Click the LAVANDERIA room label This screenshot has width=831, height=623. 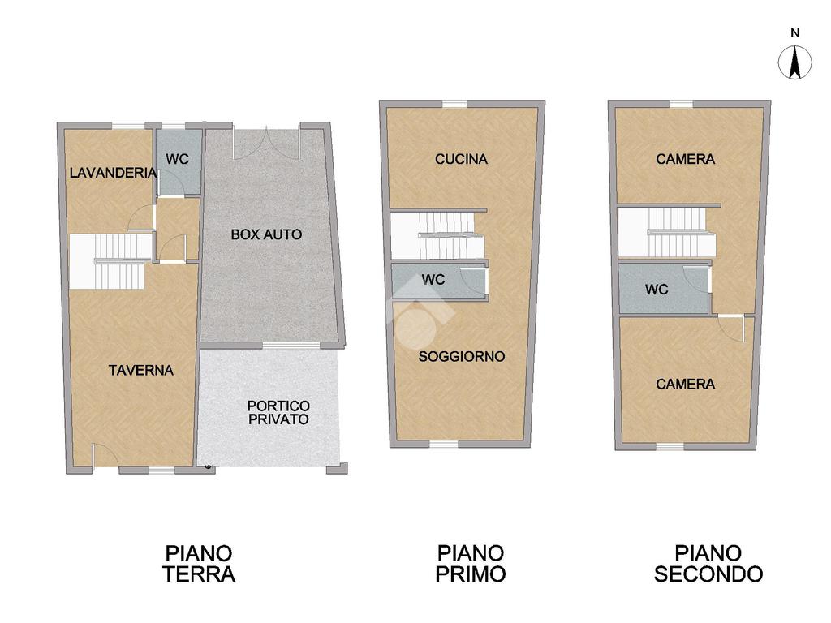click(x=114, y=173)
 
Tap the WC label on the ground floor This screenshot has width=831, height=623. click(x=177, y=159)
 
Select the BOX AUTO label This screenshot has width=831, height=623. click(x=266, y=234)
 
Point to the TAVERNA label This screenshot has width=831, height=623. click(x=141, y=370)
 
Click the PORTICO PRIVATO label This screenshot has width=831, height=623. click(x=279, y=413)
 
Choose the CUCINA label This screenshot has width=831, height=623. click(x=461, y=159)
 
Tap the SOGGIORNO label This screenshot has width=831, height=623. click(x=462, y=357)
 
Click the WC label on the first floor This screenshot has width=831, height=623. click(x=433, y=280)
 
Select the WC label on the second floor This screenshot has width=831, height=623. click(x=657, y=290)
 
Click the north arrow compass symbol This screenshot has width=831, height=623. click(x=794, y=62)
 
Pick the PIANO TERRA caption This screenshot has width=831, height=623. click(x=199, y=564)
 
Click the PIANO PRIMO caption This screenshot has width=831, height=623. click(x=470, y=564)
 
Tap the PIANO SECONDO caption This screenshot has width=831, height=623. click(x=708, y=564)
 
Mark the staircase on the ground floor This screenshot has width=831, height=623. click(x=110, y=262)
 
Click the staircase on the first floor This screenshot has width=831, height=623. click(x=437, y=236)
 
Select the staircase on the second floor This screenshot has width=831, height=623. click(x=666, y=233)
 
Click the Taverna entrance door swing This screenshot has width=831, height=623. click(x=105, y=455)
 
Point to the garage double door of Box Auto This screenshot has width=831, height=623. click(x=266, y=143)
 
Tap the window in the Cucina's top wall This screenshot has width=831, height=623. click(x=454, y=104)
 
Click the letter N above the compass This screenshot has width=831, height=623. click(x=794, y=32)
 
